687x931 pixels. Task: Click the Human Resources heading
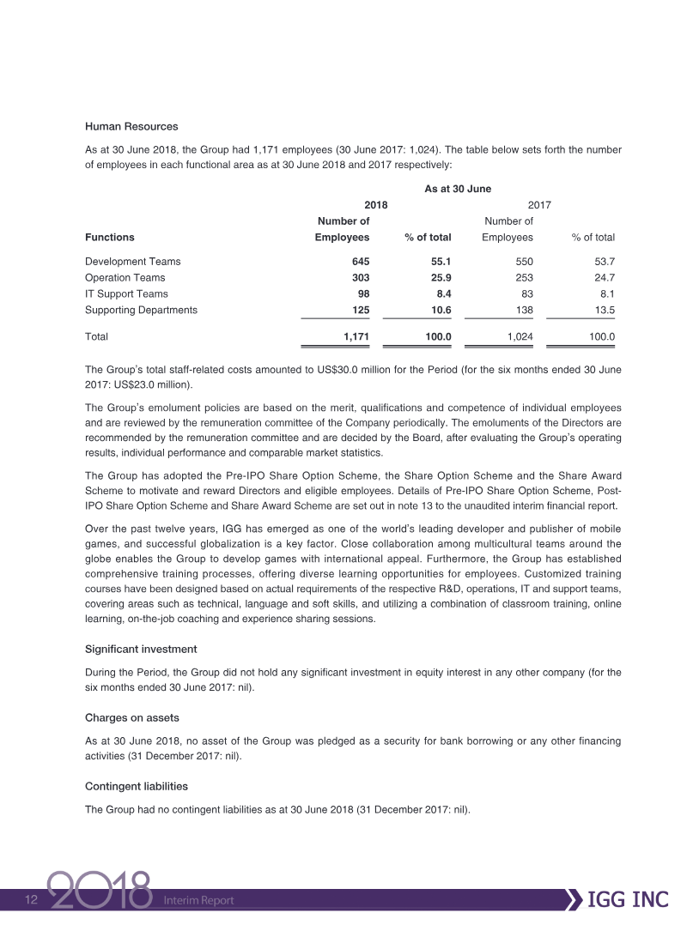click(x=131, y=127)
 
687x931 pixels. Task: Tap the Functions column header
click(x=110, y=238)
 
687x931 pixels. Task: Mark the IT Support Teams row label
click(x=126, y=293)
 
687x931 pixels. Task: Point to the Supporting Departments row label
click(x=141, y=310)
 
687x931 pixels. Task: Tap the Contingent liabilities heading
click(x=137, y=786)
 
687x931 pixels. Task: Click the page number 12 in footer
click(x=32, y=900)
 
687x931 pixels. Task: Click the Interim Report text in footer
click(x=198, y=901)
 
